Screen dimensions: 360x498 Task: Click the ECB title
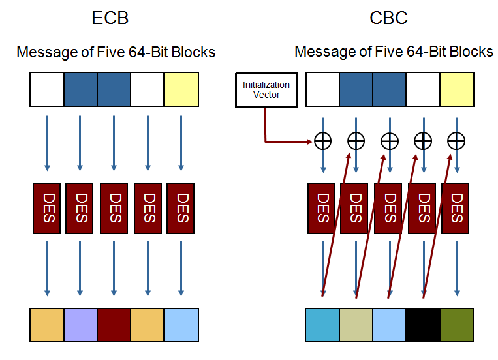pos(110,18)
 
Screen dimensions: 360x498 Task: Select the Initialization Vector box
pos(266,90)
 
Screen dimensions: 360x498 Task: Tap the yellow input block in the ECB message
pos(181,89)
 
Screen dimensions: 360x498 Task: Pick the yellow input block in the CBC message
pos(457,89)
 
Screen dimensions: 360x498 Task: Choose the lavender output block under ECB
pos(81,325)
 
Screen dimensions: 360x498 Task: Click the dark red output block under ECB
pos(114,325)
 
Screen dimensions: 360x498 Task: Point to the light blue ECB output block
pos(181,325)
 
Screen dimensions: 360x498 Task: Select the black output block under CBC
pos(423,325)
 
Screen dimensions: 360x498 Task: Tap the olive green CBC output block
pos(457,325)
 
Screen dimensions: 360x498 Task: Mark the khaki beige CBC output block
pos(356,325)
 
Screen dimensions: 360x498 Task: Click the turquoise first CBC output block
pos(322,325)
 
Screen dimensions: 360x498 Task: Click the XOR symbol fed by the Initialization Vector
pos(322,140)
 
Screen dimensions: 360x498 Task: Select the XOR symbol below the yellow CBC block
pos(457,140)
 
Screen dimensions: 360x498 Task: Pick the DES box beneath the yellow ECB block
pos(181,207)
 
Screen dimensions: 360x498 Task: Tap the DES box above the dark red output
pos(114,207)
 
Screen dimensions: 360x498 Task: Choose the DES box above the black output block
pos(423,207)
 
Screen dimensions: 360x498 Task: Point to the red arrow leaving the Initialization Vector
pos(274,139)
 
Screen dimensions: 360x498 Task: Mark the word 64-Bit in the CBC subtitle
pos(417,51)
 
